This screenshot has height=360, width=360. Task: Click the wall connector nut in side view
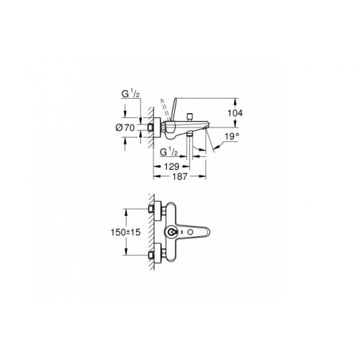153,127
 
